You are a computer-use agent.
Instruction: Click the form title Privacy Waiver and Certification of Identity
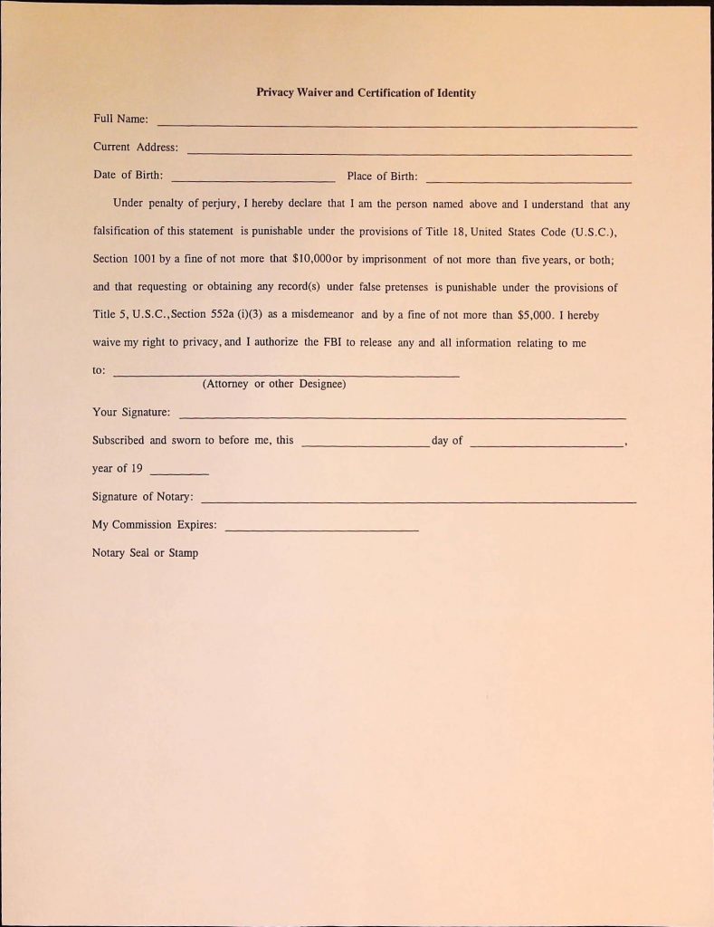click(x=366, y=92)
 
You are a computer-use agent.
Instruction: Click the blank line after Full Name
click(x=396, y=123)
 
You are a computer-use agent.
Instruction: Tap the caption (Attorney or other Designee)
click(x=274, y=384)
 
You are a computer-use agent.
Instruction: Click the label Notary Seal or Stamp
click(x=145, y=552)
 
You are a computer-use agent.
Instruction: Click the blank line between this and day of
click(x=365, y=444)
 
